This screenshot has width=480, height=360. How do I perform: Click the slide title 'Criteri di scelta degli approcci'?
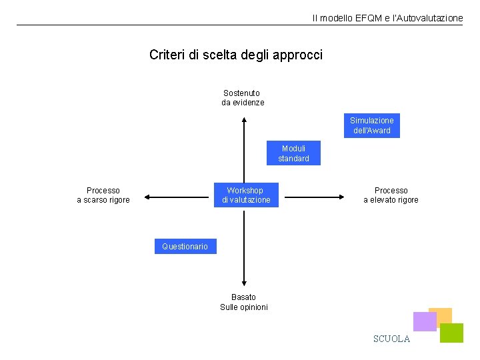point(236,55)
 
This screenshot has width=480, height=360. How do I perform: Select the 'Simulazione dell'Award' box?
point(372,125)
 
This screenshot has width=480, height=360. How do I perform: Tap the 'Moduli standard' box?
point(293,153)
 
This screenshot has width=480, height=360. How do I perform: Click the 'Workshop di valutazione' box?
point(246,195)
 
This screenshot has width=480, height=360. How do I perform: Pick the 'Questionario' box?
point(185,247)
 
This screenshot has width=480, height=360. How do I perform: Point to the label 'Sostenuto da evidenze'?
point(243,98)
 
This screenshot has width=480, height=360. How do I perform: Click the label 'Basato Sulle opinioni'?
point(244,302)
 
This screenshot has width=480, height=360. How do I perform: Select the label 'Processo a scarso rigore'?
point(103,195)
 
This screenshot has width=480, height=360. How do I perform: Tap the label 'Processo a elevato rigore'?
point(391,195)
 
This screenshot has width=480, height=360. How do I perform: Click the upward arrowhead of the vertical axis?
point(245,121)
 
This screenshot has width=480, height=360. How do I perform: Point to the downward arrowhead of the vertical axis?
point(245,283)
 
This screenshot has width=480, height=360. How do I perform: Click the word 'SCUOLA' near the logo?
point(391,339)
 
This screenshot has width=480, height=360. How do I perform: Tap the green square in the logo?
point(452,333)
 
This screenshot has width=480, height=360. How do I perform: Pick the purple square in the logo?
point(424,322)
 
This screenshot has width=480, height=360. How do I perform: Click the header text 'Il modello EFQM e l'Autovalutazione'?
point(387,18)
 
